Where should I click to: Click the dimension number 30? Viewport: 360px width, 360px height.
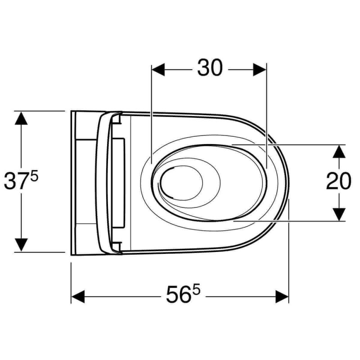click(210, 68)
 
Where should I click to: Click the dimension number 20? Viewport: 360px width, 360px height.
click(339, 181)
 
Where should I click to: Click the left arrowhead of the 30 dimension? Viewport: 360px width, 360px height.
click(158, 70)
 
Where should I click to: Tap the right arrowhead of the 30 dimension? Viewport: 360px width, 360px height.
click(260, 70)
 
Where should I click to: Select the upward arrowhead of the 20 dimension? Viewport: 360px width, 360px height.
click(339, 151)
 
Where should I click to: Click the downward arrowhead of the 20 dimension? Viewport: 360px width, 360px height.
click(339, 215)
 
